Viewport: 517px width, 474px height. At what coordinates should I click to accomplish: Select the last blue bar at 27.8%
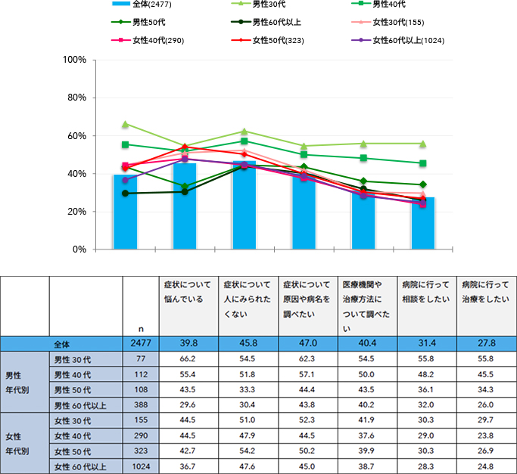coord(423,223)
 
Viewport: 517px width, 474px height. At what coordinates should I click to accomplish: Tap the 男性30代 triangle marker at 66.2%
coord(126,124)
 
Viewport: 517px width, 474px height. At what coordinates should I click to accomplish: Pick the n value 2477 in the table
coord(140,343)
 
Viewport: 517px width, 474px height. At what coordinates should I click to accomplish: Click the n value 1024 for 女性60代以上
coord(140,466)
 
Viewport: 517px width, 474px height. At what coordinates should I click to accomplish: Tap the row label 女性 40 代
coord(75,436)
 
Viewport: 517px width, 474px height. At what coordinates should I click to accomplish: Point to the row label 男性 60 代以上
coord(79,405)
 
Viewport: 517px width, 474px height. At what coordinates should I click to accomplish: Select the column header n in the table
coord(141,329)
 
